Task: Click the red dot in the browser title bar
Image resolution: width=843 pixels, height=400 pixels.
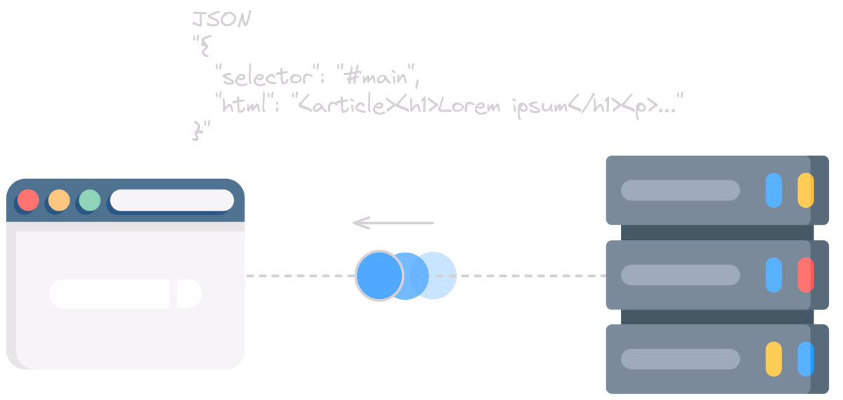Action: (28, 201)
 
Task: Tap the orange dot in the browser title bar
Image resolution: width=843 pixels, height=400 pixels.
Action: (59, 201)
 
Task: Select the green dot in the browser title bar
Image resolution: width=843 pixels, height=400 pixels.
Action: (90, 201)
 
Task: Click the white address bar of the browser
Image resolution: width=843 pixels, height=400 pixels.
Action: (172, 200)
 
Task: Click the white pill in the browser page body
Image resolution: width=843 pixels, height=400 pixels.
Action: (125, 293)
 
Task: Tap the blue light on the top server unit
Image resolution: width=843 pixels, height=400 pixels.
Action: (773, 190)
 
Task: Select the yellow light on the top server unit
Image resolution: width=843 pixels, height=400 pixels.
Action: (806, 190)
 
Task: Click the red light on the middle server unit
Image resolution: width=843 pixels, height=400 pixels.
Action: (806, 275)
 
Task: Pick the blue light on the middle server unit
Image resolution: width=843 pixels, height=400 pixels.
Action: (773, 275)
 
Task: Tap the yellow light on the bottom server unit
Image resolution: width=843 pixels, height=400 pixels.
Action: (773, 359)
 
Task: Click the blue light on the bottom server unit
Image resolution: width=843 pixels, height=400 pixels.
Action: (806, 359)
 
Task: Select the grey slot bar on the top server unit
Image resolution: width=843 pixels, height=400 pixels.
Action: (680, 190)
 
